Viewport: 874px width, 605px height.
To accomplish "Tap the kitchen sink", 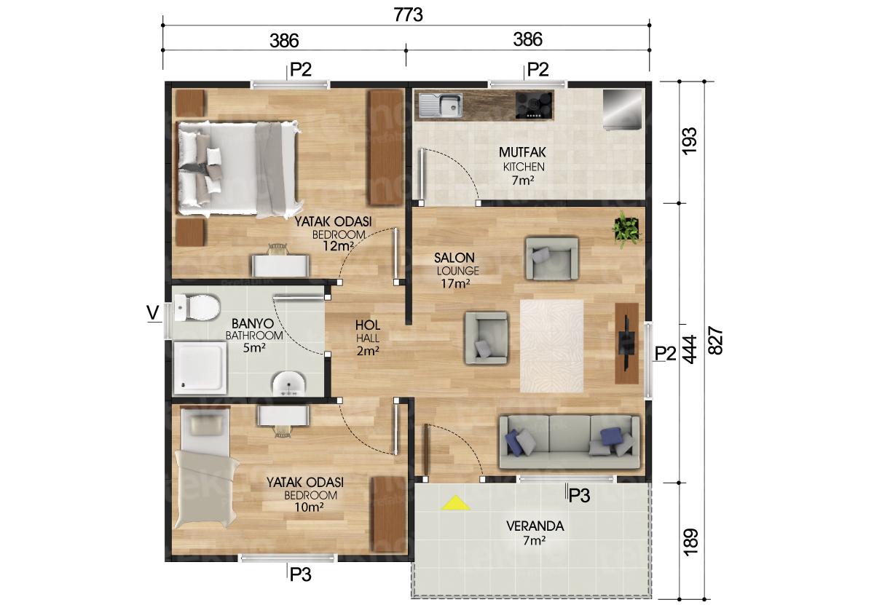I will [440, 106].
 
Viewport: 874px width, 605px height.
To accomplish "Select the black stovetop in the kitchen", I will [534, 106].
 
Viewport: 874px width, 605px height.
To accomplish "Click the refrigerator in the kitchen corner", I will [623, 109].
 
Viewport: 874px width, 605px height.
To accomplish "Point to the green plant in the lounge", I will [626, 228].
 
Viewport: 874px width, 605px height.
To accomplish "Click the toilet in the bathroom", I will [197, 309].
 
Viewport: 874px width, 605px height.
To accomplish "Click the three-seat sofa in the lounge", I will [569, 441].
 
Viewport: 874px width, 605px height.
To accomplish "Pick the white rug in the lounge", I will [551, 346].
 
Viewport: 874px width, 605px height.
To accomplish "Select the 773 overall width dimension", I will [408, 15].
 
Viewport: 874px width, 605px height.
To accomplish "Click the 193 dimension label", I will [690, 140].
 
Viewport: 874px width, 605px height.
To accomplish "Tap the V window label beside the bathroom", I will [153, 312].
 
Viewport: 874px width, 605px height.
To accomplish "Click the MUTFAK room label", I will [522, 153].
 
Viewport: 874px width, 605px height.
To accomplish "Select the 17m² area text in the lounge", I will [455, 284].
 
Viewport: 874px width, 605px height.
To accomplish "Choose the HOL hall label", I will [366, 325].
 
